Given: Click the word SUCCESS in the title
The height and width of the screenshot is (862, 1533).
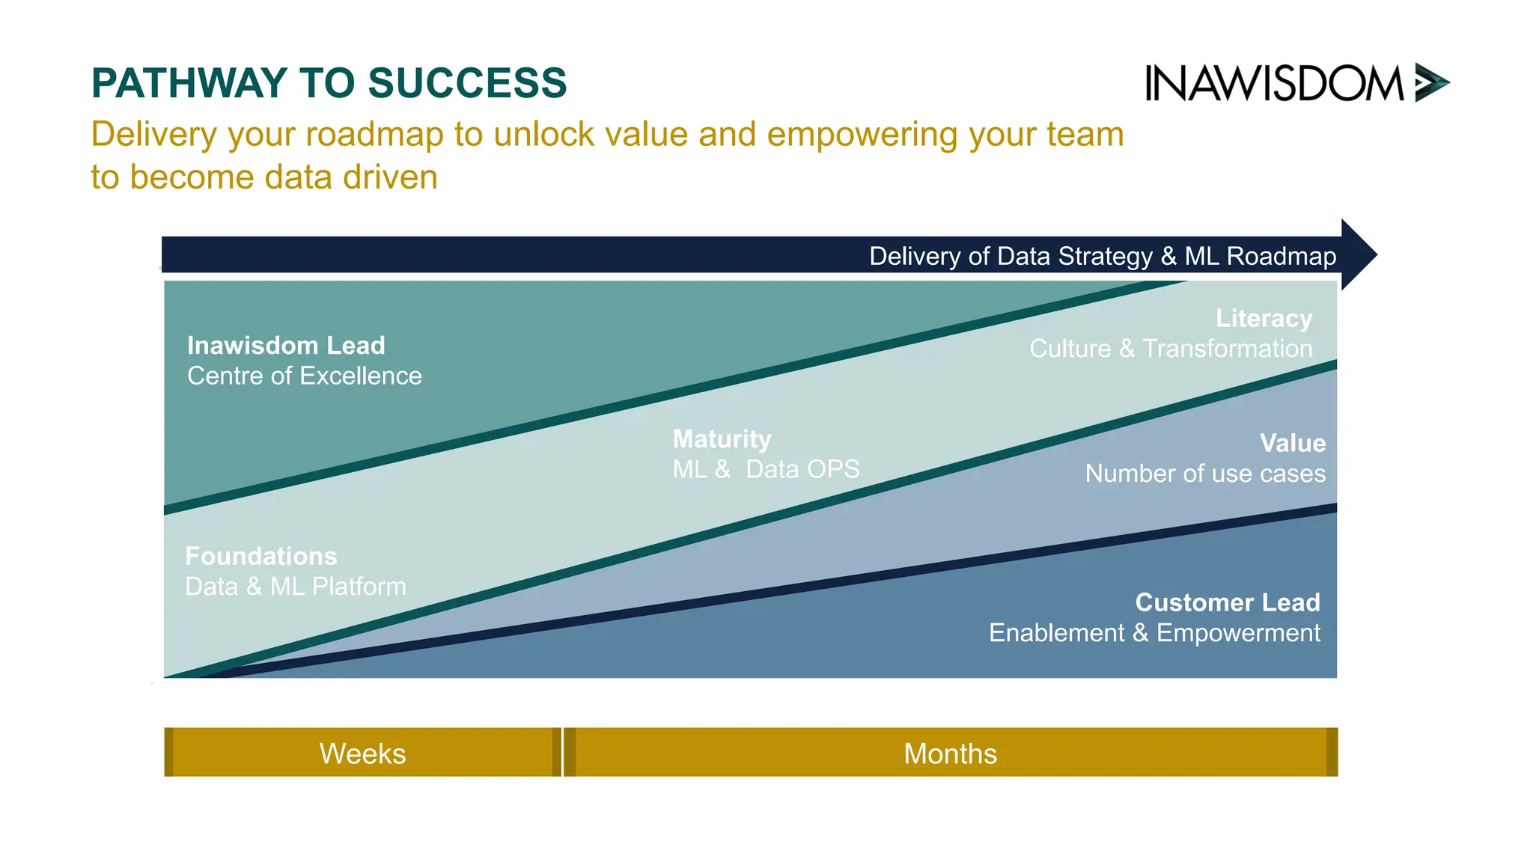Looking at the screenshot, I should tap(467, 83).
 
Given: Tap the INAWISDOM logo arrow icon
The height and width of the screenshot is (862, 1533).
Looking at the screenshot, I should tap(1430, 82).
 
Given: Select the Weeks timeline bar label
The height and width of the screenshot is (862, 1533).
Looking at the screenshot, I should tap(362, 754).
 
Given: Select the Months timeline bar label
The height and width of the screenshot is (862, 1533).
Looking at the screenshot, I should tap(950, 754).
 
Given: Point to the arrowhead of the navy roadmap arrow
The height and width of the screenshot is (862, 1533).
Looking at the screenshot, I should tap(1358, 254).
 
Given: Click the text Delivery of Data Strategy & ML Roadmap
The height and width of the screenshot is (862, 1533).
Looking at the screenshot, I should tap(1102, 257).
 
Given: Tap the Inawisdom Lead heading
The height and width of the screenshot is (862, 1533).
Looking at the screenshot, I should tap(286, 346).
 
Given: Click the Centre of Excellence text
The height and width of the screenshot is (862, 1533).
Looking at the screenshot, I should tap(304, 376).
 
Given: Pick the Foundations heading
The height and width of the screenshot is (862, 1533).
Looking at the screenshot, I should tap(260, 556).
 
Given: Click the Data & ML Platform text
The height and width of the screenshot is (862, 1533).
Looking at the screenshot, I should tap(296, 587).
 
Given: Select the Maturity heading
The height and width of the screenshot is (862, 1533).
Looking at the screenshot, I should tap(722, 439).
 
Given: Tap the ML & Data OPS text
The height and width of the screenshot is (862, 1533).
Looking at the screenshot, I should tap(766, 469).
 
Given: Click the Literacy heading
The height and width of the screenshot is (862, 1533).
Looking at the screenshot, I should tap(1264, 319).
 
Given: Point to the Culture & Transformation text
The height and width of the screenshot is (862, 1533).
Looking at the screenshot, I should tap(1171, 349).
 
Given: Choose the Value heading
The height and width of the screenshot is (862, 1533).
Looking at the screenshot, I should tap(1292, 443).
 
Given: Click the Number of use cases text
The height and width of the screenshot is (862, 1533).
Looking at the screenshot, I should tap(1205, 474).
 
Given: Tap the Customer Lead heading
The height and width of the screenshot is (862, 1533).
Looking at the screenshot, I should tap(1227, 602).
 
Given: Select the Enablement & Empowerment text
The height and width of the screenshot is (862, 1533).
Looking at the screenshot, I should tap(1154, 633).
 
